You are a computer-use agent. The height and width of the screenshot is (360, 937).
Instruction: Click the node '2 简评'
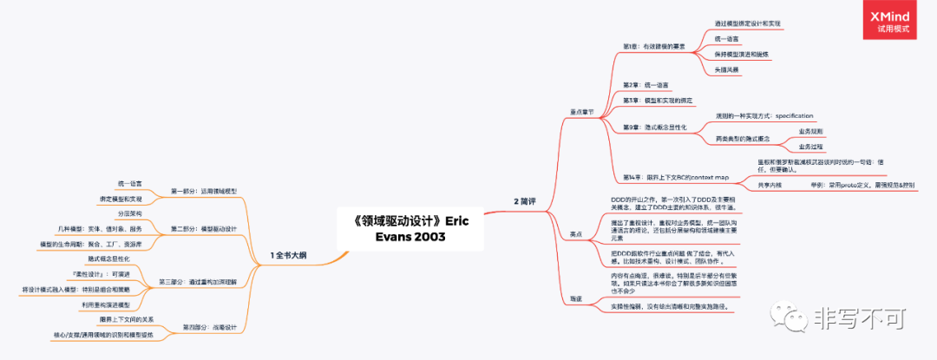(525, 201)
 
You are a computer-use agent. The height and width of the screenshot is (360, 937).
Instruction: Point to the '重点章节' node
(581, 111)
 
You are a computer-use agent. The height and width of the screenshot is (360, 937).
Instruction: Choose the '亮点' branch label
(575, 234)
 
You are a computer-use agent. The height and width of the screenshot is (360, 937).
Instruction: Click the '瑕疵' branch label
(575, 298)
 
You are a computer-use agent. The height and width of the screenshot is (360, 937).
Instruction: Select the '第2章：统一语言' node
(645, 84)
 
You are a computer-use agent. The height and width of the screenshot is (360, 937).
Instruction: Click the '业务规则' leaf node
(810, 131)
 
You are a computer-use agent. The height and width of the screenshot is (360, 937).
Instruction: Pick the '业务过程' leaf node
(810, 147)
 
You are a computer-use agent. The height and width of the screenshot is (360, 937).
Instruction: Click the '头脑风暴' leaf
(726, 69)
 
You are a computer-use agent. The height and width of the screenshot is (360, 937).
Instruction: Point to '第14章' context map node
(676, 178)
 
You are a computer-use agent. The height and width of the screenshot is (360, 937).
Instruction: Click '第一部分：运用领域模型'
(203, 191)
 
